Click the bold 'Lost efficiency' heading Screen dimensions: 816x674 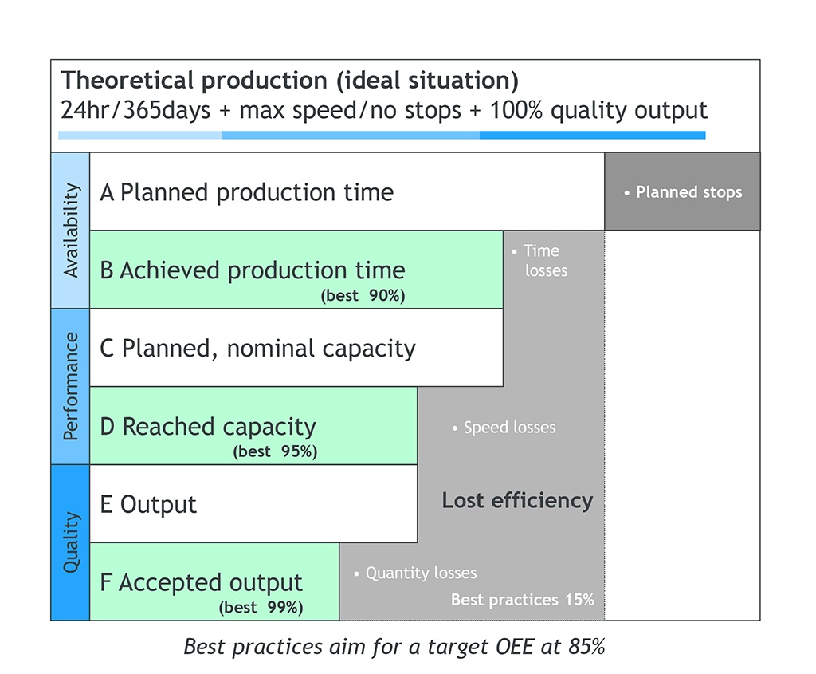[x=517, y=501]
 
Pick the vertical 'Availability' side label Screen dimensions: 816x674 [x=71, y=231]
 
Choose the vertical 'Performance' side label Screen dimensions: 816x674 [x=71, y=387]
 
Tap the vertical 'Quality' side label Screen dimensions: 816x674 [x=71, y=542]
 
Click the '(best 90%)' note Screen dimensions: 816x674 [x=363, y=296]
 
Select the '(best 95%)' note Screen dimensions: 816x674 [x=275, y=451]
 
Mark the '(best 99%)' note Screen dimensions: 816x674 [x=261, y=608]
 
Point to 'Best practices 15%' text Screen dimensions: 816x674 [x=522, y=600]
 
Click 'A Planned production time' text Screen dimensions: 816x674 [x=247, y=193]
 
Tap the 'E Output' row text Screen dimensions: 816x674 [x=148, y=505]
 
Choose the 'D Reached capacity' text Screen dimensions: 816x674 [x=208, y=427]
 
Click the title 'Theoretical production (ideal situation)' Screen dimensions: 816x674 [x=290, y=81]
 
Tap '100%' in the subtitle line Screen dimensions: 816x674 [x=516, y=110]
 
